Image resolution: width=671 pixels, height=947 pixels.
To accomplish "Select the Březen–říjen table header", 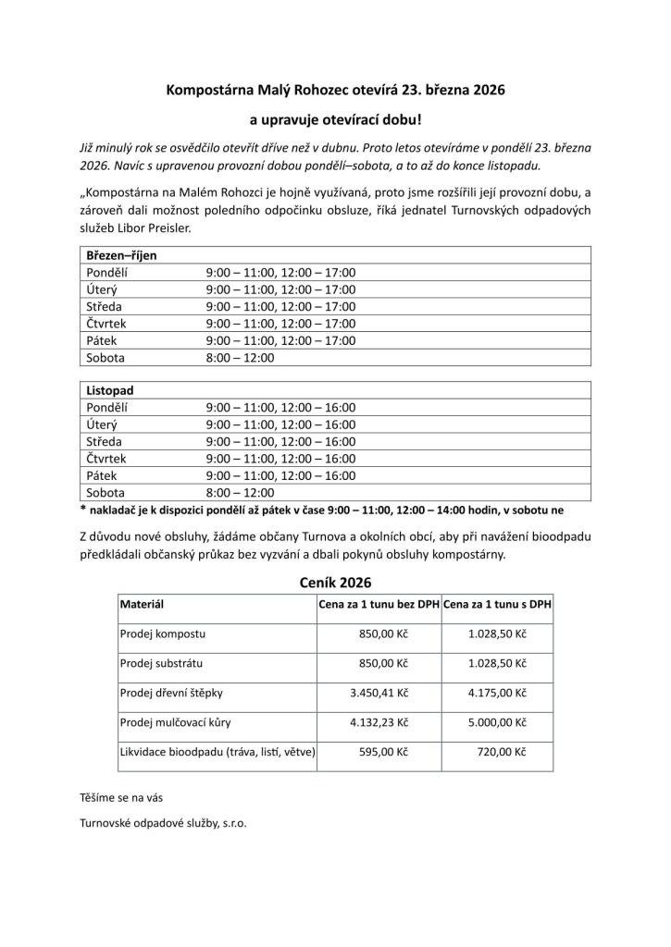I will coord(121,255).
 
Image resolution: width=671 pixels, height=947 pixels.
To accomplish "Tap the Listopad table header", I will coord(110,390).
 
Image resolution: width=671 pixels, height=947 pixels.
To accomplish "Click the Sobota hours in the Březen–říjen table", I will coord(240,357).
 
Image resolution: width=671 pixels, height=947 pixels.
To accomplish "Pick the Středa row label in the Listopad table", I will coord(104,441).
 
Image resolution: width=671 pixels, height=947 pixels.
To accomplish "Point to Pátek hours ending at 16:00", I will coord(280,475).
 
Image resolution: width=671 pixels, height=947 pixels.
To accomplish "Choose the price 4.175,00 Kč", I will coord(497,692).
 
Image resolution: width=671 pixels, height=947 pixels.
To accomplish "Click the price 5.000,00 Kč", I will coord(497,721).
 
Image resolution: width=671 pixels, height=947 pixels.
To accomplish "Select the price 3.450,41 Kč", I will coord(379,692).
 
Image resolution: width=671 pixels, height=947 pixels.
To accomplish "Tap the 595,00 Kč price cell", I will coord(383,752).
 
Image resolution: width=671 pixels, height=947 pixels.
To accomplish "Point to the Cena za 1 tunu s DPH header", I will coord(498,604).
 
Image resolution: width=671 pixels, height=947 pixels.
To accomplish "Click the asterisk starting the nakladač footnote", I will coord(83,510).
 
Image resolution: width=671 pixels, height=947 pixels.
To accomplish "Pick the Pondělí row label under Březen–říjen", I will coord(106,273).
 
